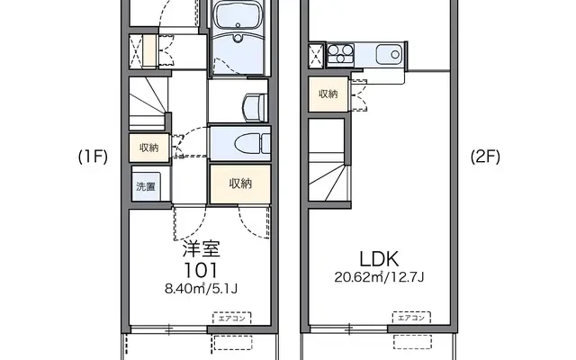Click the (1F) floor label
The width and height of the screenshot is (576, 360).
pyautogui.click(x=93, y=157)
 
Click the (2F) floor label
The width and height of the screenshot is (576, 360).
pyautogui.click(x=485, y=157)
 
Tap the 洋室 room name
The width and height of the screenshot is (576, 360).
pyautogui.click(x=202, y=249)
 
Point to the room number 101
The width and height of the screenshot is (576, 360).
pyautogui.click(x=201, y=271)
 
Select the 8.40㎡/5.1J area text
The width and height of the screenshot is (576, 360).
pyautogui.click(x=201, y=289)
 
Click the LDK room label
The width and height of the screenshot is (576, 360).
pyautogui.click(x=379, y=259)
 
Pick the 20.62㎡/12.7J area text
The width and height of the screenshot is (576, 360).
pyautogui.click(x=379, y=276)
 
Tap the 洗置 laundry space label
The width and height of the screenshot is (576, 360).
pyautogui.click(x=146, y=186)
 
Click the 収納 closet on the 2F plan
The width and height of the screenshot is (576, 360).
pyautogui.click(x=328, y=94)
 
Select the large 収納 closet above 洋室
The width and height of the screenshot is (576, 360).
pyautogui.click(x=240, y=184)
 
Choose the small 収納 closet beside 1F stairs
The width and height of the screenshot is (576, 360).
pyautogui.click(x=149, y=148)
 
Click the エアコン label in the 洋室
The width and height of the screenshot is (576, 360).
pyautogui.click(x=232, y=318)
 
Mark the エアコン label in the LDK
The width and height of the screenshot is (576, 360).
pyautogui.click(x=411, y=318)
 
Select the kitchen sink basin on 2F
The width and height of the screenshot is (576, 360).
pyautogui.click(x=389, y=55)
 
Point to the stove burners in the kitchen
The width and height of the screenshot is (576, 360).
pyautogui.click(x=340, y=55)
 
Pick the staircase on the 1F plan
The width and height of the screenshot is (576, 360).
pyautogui.click(x=148, y=103)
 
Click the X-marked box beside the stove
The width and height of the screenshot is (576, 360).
pyautogui.click(x=316, y=56)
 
